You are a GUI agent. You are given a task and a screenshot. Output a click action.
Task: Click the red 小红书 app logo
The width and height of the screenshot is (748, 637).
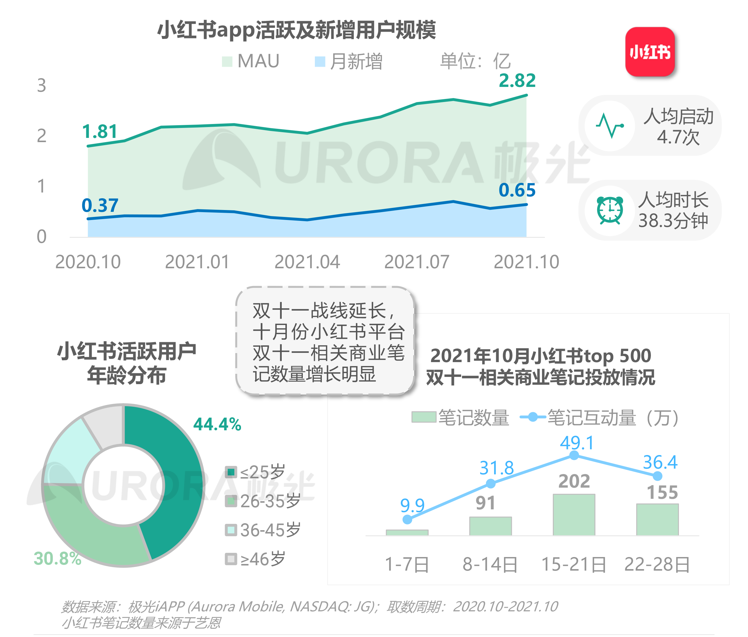[649, 52]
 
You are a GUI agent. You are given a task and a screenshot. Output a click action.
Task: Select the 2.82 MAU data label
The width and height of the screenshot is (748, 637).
[517, 81]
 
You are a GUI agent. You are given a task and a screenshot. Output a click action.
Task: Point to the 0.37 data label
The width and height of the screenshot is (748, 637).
[100, 205]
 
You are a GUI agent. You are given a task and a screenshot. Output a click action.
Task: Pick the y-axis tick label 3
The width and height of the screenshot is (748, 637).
[42, 86]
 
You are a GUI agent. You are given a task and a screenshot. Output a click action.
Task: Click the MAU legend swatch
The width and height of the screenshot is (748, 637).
[227, 61]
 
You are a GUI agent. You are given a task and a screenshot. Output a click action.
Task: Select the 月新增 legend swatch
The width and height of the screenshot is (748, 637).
[320, 61]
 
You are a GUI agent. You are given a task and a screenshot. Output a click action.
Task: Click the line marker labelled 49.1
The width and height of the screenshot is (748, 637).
[574, 456]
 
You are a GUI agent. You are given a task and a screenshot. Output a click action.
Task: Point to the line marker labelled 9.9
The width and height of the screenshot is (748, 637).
[407, 519]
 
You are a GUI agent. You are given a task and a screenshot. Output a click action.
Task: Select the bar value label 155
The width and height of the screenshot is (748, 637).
[662, 492]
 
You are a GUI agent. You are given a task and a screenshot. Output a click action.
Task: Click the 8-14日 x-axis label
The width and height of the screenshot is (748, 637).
[490, 564]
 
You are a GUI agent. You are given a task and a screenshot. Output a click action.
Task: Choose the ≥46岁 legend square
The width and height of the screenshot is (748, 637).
[231, 559]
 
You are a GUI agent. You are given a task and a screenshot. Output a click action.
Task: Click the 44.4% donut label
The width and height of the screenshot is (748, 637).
[217, 424]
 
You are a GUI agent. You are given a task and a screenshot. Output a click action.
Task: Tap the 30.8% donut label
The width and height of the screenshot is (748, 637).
[57, 559]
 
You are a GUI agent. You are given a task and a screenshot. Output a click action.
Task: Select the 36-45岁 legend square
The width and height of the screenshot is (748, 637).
[231, 530]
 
